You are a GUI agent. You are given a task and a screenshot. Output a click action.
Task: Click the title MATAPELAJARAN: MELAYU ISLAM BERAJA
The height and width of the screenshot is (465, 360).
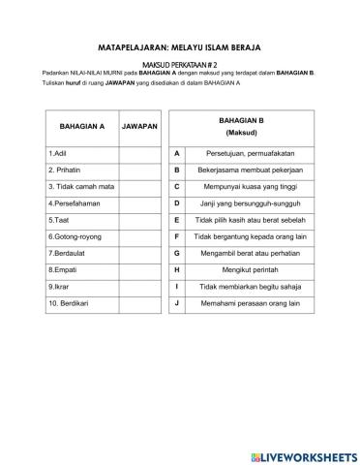click(x=180, y=46)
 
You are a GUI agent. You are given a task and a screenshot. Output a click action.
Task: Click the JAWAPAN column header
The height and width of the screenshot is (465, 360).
click(x=140, y=127)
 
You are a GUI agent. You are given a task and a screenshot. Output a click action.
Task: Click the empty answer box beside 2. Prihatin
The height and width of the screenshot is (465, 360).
click(x=140, y=170)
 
